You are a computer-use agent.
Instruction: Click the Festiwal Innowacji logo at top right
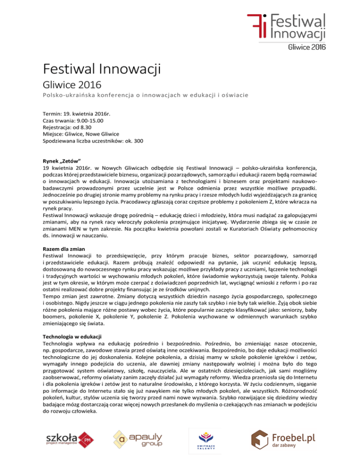(x=286, y=25)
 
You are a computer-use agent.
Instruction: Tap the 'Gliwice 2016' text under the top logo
(x=307, y=47)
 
